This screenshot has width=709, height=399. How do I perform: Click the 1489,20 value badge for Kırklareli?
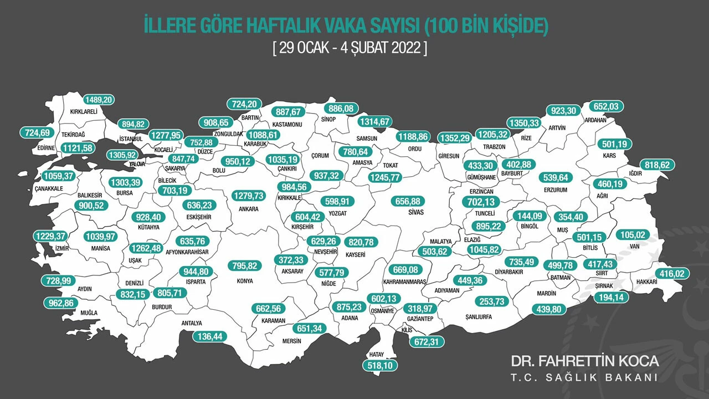(99, 100)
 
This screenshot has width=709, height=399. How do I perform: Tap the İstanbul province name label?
(131, 138)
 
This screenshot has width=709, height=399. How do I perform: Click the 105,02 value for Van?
(629, 234)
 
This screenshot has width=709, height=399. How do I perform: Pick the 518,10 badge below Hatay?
(380, 366)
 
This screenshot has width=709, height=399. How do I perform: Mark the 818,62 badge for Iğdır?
(659, 165)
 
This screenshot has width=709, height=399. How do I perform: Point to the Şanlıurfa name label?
(477, 316)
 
